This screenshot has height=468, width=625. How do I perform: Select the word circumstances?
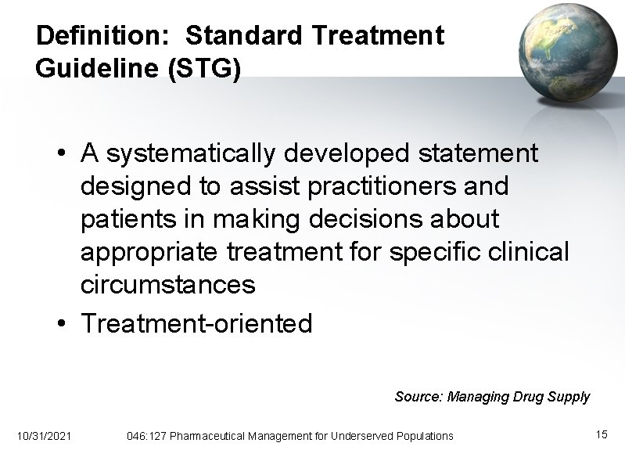(168, 285)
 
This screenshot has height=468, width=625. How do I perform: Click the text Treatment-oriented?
(196, 322)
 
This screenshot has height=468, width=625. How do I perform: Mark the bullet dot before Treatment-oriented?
(62, 323)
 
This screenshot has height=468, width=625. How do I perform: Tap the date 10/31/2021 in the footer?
(43, 435)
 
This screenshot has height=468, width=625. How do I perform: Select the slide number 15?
(602, 434)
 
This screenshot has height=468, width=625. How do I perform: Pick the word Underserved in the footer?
(365, 435)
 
